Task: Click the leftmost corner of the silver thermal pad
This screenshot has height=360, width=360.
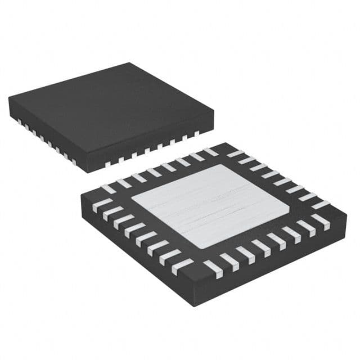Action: [x=131, y=198]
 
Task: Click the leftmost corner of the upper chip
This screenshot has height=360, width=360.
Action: [x=9, y=98]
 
